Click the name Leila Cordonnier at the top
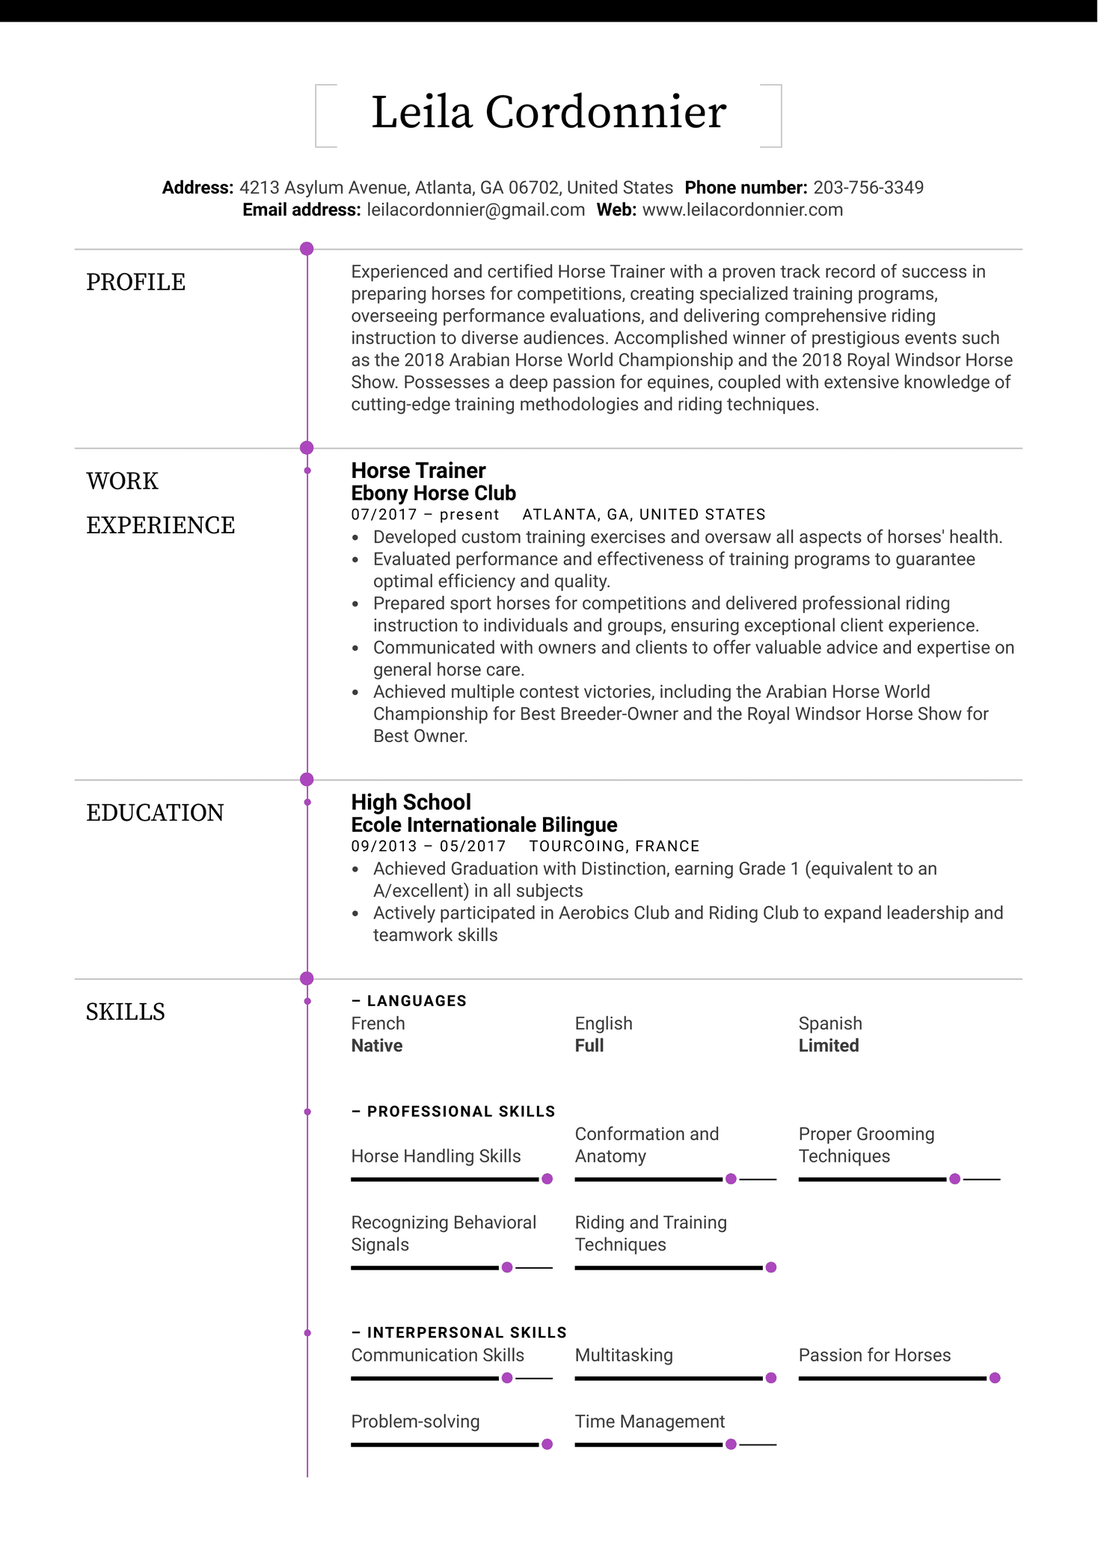(548, 113)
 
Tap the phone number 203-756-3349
(868, 188)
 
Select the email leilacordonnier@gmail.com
(475, 210)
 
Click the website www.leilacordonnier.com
(742, 210)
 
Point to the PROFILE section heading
(135, 282)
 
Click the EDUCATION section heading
(155, 812)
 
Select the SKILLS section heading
(125, 1011)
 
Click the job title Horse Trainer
(418, 471)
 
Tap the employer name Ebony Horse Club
(433, 493)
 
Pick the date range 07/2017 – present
(425, 515)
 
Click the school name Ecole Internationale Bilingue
(484, 824)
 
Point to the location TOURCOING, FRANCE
(614, 846)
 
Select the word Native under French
(377, 1046)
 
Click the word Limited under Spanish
(828, 1046)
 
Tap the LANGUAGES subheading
(416, 1001)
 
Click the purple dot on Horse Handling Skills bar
(547, 1179)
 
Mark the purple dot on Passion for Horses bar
(995, 1378)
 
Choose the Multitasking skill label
(624, 1356)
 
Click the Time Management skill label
(649, 1421)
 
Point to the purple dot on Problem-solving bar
(547, 1445)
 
